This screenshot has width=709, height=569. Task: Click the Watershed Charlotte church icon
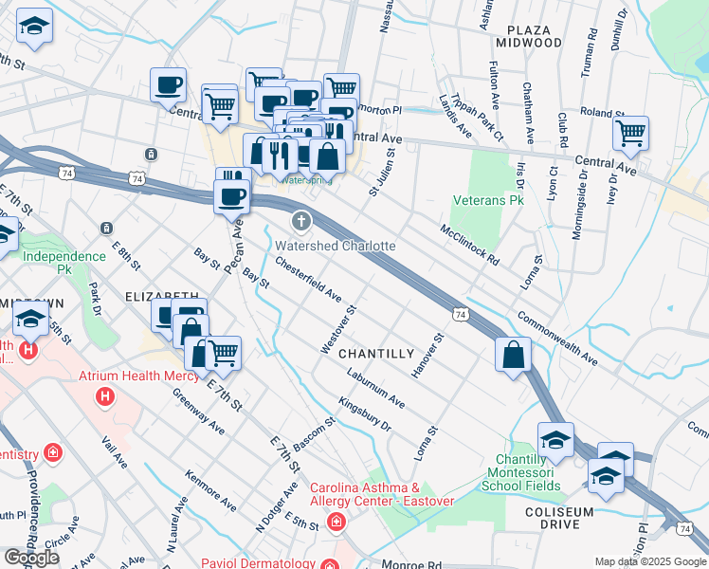click(301, 222)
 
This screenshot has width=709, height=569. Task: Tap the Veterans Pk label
click(489, 201)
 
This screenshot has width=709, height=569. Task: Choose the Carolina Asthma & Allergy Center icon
click(336, 522)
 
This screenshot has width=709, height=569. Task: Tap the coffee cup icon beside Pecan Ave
click(231, 196)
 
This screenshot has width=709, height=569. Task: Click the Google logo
click(32, 558)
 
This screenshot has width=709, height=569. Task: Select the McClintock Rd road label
click(469, 244)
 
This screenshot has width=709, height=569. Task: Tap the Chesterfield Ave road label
click(308, 279)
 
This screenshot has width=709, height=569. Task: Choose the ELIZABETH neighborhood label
click(161, 296)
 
